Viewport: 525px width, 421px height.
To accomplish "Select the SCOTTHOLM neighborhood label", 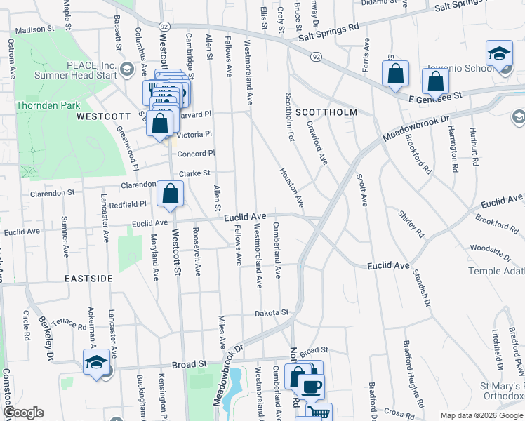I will [x=326, y=112].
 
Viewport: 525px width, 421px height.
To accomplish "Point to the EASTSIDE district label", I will [x=89, y=279].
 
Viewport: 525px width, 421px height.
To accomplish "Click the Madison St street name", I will [x=34, y=30].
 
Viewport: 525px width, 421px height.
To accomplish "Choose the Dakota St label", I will [x=272, y=312].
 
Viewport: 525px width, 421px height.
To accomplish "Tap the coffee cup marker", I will [x=311, y=386].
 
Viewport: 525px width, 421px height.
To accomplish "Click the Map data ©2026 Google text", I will [x=481, y=415].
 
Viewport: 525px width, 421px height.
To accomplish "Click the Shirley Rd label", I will [x=412, y=223].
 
